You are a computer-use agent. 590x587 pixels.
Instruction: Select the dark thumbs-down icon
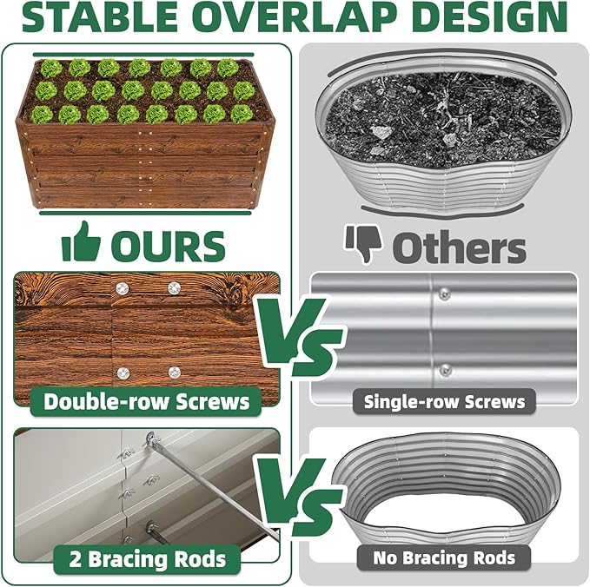pyautogui.click(x=363, y=244)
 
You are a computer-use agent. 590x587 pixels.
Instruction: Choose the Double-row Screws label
pyautogui.click(x=147, y=401)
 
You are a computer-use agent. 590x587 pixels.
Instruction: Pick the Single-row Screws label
pyautogui.click(x=444, y=401)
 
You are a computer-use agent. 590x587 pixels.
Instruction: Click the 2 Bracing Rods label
pyautogui.click(x=147, y=557)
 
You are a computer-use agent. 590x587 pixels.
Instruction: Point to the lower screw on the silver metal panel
pyautogui.click(x=445, y=370)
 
